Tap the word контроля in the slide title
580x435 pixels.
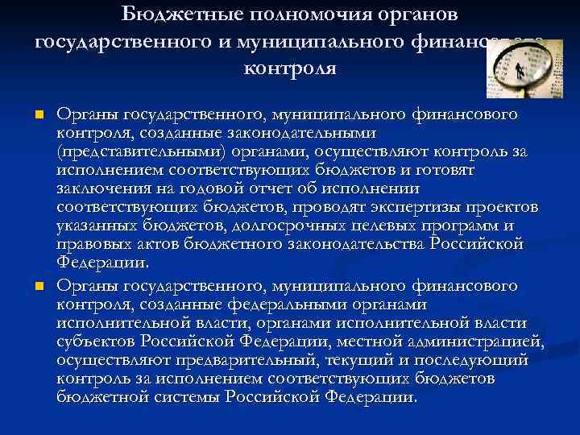pos(290,68)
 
